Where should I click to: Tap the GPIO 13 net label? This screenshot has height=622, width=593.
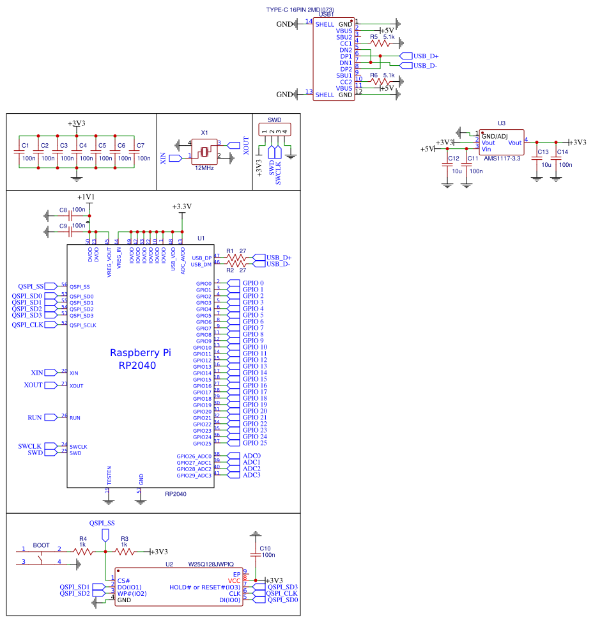[x=254, y=366]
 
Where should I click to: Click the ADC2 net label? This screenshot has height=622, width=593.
[x=252, y=469]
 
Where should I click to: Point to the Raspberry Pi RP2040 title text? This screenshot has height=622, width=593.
[x=141, y=359]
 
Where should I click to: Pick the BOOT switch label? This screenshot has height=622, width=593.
[x=41, y=545]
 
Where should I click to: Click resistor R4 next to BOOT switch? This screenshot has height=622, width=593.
[x=82, y=551]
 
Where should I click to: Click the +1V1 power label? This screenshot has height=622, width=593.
[x=86, y=197]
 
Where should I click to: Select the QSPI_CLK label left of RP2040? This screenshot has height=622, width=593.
[x=27, y=325]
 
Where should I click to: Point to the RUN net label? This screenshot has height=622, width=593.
[x=35, y=417]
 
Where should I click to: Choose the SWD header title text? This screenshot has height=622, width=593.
[x=274, y=120]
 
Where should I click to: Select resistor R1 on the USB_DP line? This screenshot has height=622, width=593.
[x=237, y=258]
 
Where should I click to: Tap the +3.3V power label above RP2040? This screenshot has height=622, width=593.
[x=182, y=207]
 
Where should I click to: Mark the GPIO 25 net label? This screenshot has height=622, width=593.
[x=254, y=443]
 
